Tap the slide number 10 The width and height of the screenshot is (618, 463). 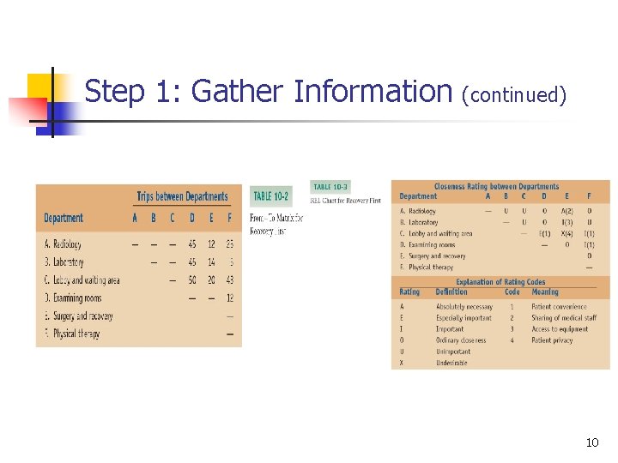click(591, 442)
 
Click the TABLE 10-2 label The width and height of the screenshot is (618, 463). click(271, 196)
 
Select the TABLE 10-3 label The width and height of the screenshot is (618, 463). click(330, 186)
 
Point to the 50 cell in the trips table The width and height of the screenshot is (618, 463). click(191, 280)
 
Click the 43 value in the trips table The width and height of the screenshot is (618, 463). click(229, 280)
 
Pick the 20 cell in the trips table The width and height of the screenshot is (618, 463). click(210, 280)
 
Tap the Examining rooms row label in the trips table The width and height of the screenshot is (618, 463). click(73, 298)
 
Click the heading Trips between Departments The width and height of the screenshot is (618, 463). click(182, 196)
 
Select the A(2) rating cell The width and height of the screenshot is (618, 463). click(566, 211)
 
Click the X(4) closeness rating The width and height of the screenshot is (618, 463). click(566, 233)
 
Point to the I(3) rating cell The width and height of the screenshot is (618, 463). click(566, 222)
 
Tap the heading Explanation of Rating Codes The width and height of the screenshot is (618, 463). click(500, 281)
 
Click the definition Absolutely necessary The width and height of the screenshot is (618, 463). click(464, 306)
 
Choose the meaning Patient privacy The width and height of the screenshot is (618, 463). click(554, 340)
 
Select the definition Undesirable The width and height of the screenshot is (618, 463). click(452, 363)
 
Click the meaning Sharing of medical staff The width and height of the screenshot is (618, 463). click(563, 318)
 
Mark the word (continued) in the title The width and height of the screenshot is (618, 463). click(514, 94)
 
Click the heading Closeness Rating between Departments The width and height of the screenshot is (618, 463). click(496, 186)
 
